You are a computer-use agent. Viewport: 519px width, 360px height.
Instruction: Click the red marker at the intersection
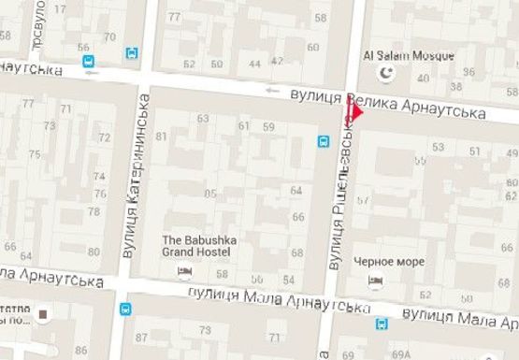pyautogui.click(x=354, y=111)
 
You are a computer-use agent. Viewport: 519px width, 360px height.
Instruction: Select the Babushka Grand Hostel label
pyautogui.click(x=199, y=246)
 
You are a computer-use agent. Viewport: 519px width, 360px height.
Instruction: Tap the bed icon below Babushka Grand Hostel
pyautogui.click(x=183, y=271)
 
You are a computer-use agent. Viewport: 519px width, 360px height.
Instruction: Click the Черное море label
pyautogui.click(x=388, y=261)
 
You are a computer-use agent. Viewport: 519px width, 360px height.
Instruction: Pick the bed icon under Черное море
pyautogui.click(x=376, y=281)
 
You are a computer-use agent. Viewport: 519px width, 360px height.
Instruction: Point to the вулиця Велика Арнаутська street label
pyautogui.click(x=387, y=104)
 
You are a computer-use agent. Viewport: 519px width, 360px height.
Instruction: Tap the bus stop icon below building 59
pyautogui.click(x=324, y=141)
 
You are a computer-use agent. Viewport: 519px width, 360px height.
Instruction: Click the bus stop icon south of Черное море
pyautogui.click(x=382, y=324)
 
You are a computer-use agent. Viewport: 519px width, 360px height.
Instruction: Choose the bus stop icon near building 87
pyautogui.click(x=124, y=309)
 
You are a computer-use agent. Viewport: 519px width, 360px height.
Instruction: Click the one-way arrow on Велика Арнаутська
pyautogui.click(x=272, y=91)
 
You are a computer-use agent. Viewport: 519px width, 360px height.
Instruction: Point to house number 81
pyautogui.click(x=161, y=137)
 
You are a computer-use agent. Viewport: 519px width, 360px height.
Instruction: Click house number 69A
pyautogui.click(x=402, y=353)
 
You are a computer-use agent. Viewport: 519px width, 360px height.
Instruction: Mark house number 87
pyautogui.click(x=141, y=337)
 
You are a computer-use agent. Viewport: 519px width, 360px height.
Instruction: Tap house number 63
pyautogui.click(x=203, y=119)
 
